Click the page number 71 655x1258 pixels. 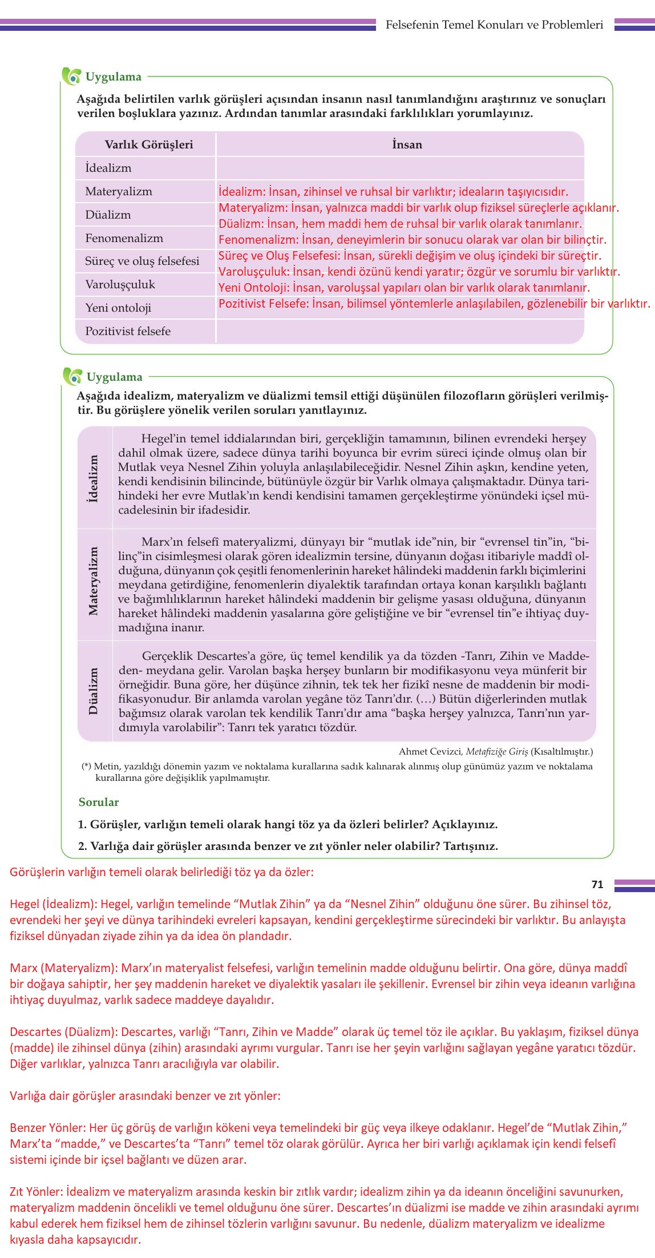[x=597, y=884]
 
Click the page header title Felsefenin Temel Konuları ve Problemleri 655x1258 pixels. [x=494, y=25]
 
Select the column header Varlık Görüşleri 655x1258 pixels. [x=148, y=144]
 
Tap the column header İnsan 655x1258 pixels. [x=407, y=144]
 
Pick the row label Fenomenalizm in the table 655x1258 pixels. [x=124, y=238]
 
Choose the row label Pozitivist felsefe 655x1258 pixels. [x=128, y=331]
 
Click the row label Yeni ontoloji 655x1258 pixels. [x=118, y=308]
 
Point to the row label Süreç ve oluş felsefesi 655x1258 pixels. [x=142, y=261]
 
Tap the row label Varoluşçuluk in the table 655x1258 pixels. [x=120, y=284]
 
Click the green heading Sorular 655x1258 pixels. [x=99, y=802]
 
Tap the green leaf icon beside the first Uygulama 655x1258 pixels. [x=71, y=76]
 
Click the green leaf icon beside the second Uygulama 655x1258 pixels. [x=72, y=376]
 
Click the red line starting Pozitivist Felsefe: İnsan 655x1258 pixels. [x=434, y=304]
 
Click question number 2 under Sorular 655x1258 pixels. [x=82, y=846]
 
